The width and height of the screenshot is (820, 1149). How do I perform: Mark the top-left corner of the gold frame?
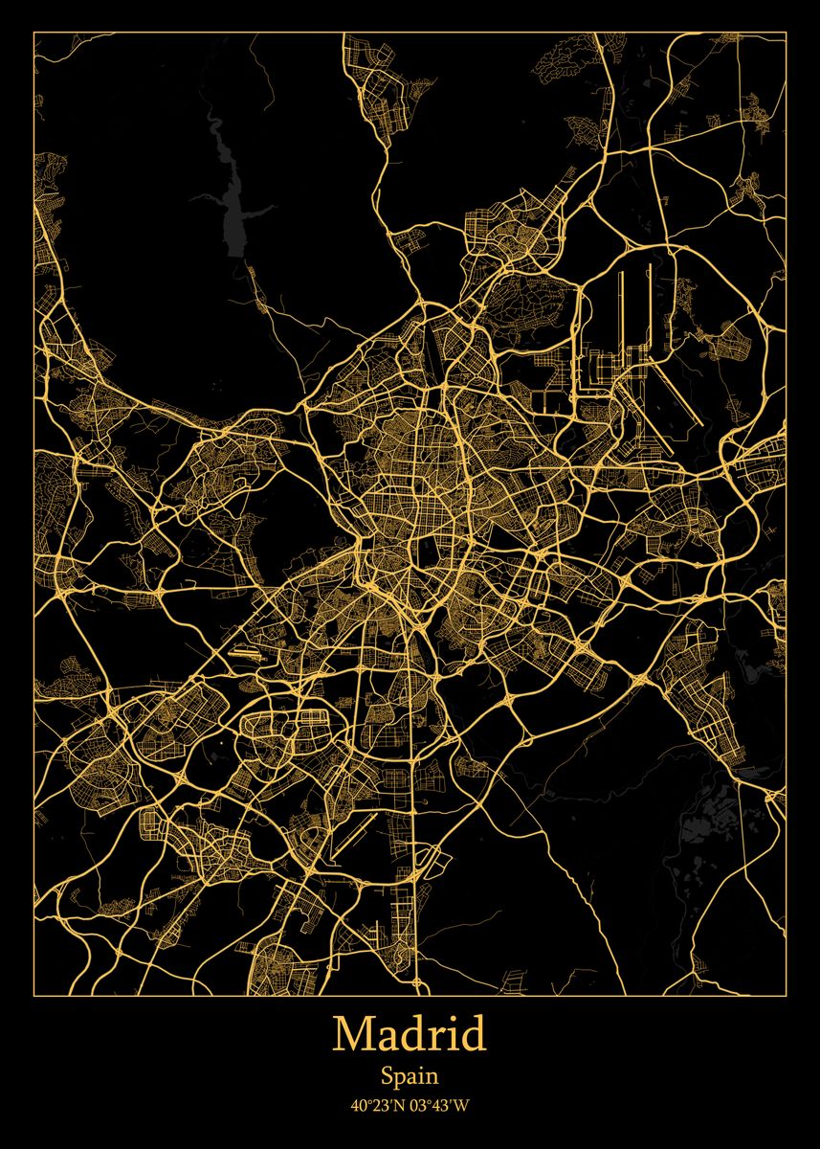(x=34, y=33)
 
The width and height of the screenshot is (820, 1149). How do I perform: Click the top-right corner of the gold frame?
(x=786, y=33)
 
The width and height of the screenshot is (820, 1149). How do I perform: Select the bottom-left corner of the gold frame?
(x=34, y=994)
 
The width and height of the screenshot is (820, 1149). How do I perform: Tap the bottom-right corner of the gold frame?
(x=786, y=994)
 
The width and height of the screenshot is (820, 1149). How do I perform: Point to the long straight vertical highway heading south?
(x=416, y=862)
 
